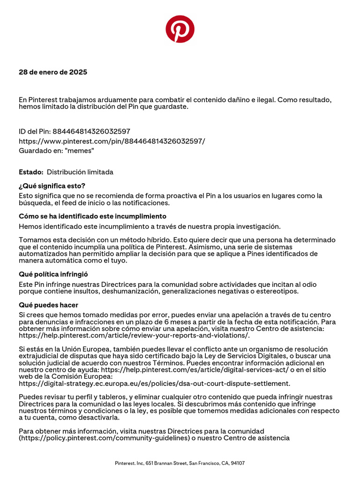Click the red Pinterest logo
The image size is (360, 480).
pos(180,29)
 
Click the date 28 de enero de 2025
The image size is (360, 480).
pos(53,72)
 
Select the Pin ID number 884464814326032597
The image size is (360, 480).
pos(91,131)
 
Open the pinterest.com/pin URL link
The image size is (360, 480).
pos(112,141)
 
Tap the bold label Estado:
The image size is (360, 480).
pos(31,172)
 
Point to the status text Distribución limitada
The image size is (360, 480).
pos(80,172)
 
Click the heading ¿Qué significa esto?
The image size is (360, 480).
pos(52,186)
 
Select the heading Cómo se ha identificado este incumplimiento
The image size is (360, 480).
pos(92,216)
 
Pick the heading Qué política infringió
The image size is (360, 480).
pos(53,274)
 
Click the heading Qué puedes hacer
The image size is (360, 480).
pos(48,305)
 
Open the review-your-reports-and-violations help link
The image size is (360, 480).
pos(134,335)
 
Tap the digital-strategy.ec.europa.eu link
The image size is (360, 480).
pos(154,383)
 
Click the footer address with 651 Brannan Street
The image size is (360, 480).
pos(180,463)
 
